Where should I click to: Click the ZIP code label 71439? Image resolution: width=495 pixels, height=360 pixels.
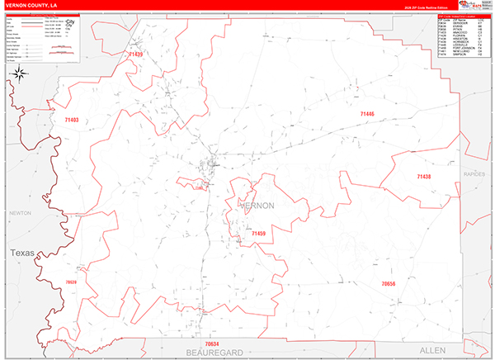(x=135, y=54)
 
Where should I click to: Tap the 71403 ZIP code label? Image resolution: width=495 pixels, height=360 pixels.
(x=71, y=120)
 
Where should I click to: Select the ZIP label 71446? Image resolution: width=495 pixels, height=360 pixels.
(x=367, y=113)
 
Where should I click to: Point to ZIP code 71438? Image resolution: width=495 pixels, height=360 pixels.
(x=423, y=177)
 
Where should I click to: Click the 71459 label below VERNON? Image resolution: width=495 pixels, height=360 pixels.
(x=258, y=234)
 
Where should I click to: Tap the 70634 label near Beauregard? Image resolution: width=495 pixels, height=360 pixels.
(x=212, y=343)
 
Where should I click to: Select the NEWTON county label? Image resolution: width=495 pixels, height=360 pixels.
(x=19, y=213)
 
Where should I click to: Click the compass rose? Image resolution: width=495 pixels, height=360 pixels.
(x=19, y=73)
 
